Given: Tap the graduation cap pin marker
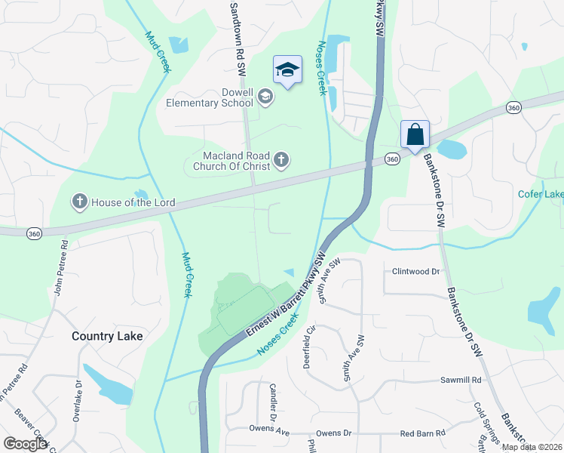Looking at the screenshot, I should (x=287, y=71).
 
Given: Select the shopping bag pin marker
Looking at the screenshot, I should (x=415, y=135).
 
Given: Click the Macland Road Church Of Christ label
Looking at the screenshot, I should (x=231, y=160).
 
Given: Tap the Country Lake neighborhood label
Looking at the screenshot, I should (x=107, y=336).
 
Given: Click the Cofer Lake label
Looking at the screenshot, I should (x=541, y=194).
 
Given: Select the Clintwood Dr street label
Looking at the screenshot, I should (x=415, y=271).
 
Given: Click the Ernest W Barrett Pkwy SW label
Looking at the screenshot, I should (x=287, y=297).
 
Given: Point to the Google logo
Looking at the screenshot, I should (x=25, y=443).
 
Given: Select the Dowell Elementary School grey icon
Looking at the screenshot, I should (x=265, y=97).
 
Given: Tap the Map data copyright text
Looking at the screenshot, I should (x=532, y=447).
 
